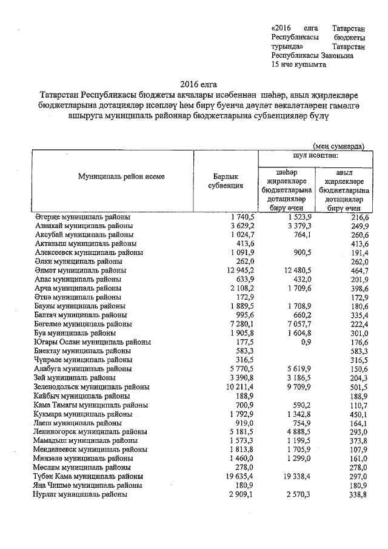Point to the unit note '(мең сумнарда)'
click(x=339, y=146)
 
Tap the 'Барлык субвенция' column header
click(x=226, y=181)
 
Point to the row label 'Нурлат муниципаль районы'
click(x=80, y=494)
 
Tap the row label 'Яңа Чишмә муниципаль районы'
click(x=88, y=486)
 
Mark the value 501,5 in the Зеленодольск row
click(x=359, y=386)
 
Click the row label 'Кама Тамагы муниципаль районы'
click(x=88, y=404)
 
